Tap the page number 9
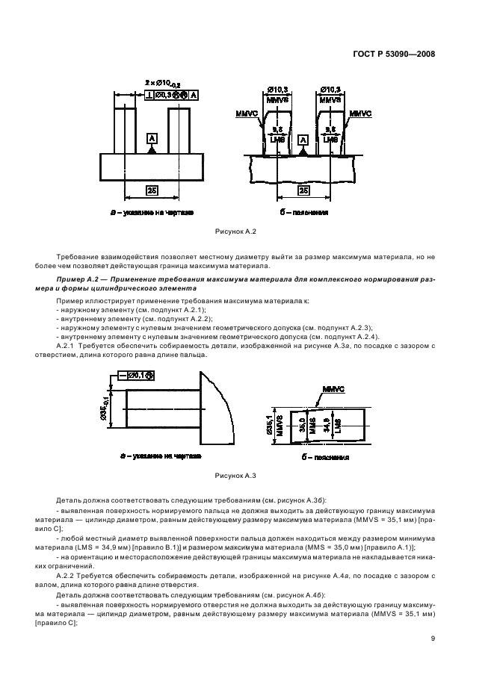pyautogui.click(x=433, y=638)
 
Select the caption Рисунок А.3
pyautogui.click(x=236, y=495)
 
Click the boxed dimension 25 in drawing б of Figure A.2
pyautogui.click(x=303, y=191)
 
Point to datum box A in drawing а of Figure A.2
pyautogui.click(x=152, y=140)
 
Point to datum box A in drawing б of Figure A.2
pyautogui.click(x=303, y=140)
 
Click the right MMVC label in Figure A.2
pyautogui.click(x=361, y=113)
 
